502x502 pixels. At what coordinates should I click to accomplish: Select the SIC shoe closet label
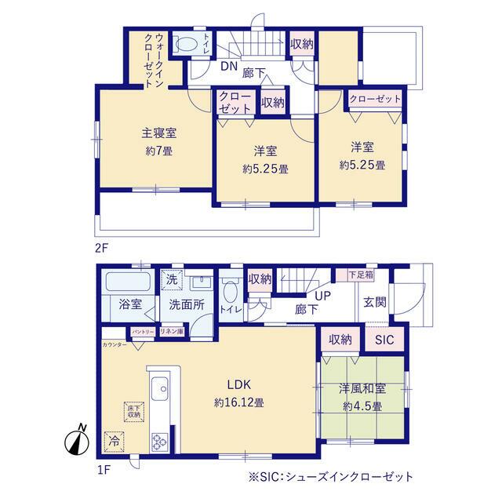pyautogui.click(x=384, y=340)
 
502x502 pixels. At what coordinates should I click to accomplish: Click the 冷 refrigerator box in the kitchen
pyautogui.click(x=115, y=441)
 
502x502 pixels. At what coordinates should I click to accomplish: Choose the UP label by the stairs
pyautogui.click(x=322, y=296)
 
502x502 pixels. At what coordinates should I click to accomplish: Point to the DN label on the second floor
pyautogui.click(x=227, y=66)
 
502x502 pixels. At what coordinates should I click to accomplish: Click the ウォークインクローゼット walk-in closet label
pyautogui.click(x=152, y=59)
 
